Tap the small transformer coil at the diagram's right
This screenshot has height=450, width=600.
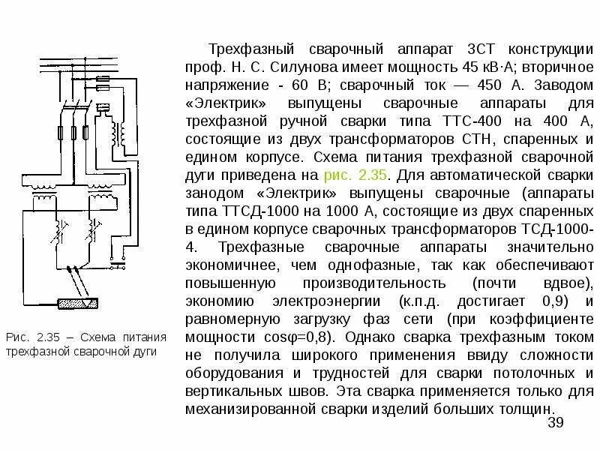click(118, 133)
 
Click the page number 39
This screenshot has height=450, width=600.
click(555, 424)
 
